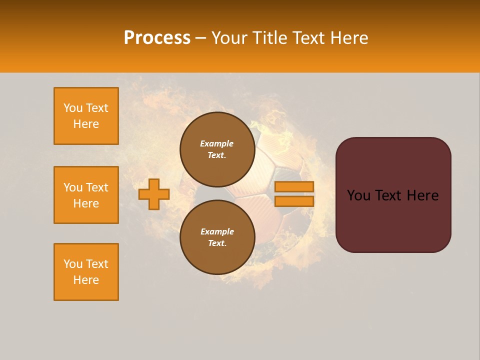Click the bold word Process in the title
click(157, 38)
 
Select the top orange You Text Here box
click(86, 116)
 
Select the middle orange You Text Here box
click(86, 195)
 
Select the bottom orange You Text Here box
click(86, 272)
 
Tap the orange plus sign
click(154, 194)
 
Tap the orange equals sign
click(294, 194)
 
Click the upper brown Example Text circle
click(217, 149)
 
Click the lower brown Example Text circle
click(217, 237)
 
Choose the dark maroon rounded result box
click(393, 195)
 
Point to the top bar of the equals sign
click(294, 187)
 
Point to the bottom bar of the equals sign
click(294, 201)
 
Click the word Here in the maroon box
click(423, 195)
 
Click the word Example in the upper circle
click(217, 143)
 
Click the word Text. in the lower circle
click(217, 243)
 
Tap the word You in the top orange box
click(73, 108)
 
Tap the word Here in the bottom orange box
click(86, 280)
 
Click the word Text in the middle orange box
click(97, 187)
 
